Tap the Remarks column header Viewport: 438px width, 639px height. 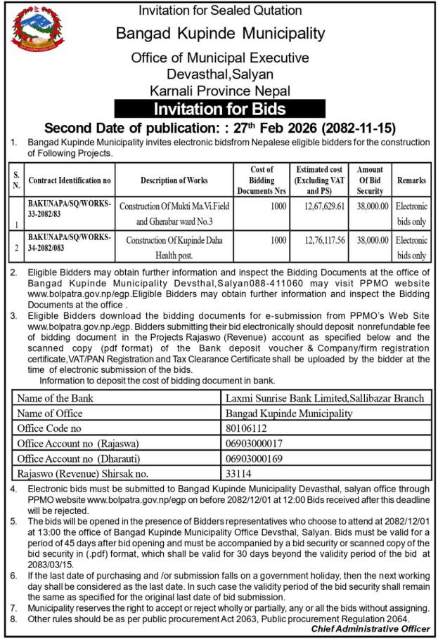tap(411, 180)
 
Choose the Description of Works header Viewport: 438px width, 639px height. tap(174, 180)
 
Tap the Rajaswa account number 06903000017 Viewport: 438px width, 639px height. tap(254, 443)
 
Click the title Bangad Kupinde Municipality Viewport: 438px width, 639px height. tap(220, 33)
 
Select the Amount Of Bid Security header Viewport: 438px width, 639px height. tap(370, 180)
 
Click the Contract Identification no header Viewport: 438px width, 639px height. tap(70, 180)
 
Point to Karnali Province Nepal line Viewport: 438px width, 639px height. tap(220, 90)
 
